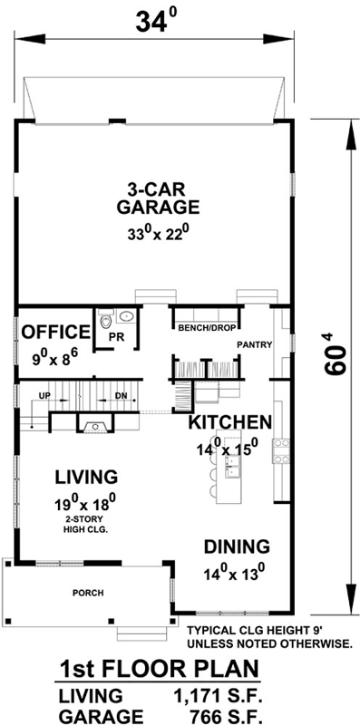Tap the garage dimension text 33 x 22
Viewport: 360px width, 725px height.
tap(157, 232)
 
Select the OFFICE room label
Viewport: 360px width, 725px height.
tap(56, 330)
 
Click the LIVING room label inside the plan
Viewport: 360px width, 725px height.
tap(85, 477)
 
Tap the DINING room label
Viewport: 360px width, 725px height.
tap(236, 546)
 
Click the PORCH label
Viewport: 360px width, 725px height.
tap(88, 594)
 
